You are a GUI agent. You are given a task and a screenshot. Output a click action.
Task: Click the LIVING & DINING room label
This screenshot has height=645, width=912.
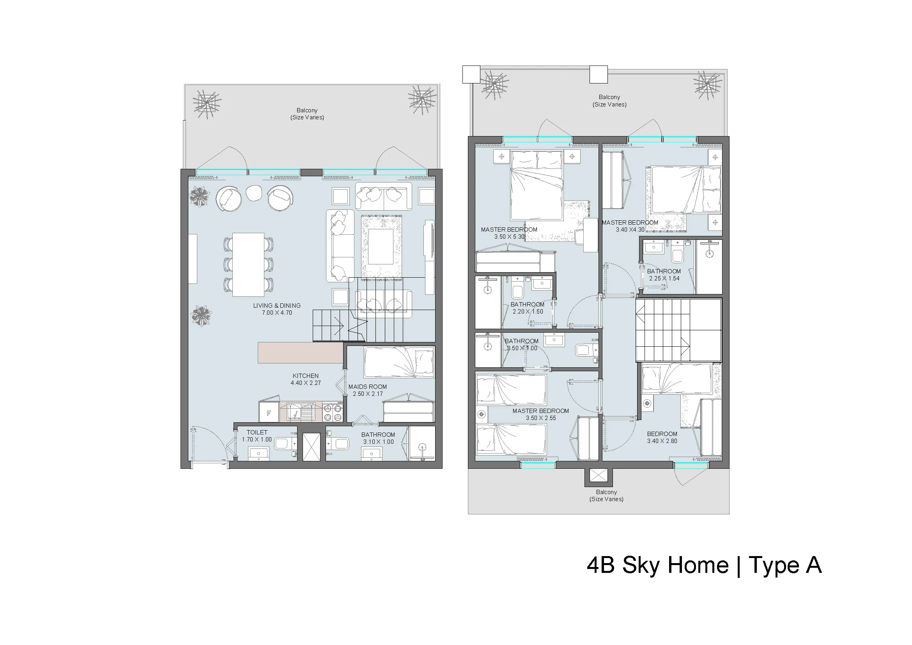(277, 305)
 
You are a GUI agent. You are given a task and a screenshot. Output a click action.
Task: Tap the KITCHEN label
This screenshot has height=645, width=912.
(305, 376)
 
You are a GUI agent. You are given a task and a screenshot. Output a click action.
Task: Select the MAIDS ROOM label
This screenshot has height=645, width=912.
(367, 386)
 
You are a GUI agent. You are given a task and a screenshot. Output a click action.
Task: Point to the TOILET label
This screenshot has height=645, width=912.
(257, 432)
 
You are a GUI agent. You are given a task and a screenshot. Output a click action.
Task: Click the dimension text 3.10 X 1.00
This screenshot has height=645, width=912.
(378, 442)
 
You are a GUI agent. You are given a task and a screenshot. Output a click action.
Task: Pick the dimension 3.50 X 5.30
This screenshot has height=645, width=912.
(509, 237)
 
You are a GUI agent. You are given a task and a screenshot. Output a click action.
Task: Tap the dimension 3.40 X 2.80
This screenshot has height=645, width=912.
(662, 441)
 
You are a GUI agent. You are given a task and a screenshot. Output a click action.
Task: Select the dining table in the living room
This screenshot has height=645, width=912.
(248, 264)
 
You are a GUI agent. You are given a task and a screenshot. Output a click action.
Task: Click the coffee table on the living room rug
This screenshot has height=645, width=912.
(381, 246)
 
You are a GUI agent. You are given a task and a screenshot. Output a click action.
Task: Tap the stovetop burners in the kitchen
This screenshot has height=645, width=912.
(333, 412)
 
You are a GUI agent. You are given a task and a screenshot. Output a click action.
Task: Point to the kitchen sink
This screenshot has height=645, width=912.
(301, 412)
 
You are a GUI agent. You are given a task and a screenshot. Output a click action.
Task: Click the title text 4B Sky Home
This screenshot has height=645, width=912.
(657, 565)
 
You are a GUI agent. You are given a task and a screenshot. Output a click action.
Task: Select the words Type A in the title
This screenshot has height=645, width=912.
(785, 565)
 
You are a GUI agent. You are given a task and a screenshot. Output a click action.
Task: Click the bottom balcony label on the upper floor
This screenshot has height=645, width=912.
(606, 496)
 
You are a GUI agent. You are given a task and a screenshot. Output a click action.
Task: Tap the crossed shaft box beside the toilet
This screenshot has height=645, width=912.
(311, 447)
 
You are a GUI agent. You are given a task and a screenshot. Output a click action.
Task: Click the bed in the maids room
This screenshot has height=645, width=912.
(399, 362)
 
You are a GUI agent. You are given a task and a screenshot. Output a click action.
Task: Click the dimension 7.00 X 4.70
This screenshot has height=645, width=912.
(277, 313)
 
